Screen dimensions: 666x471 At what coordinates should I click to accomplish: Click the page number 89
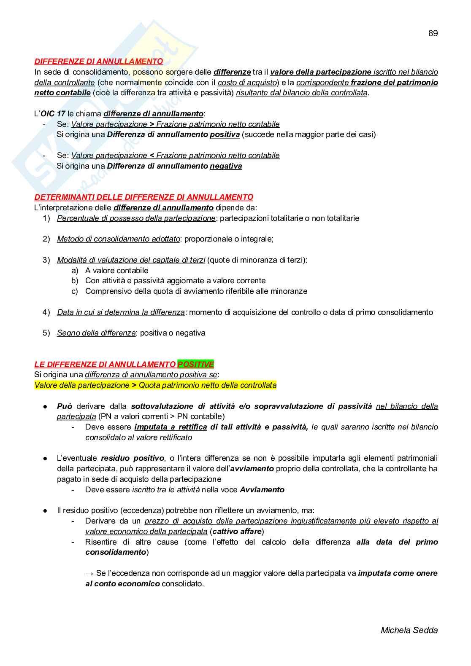tap(433, 33)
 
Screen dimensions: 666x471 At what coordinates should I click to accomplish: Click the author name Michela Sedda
tap(409, 630)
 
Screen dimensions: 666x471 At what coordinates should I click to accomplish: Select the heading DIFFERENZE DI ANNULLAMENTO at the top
tap(98, 62)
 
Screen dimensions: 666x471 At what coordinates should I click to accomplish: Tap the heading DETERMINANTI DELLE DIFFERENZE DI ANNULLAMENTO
tap(143, 197)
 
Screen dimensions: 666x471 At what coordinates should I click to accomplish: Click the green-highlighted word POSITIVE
tap(195, 364)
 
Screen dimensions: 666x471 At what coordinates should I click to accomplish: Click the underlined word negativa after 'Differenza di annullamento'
tap(226, 166)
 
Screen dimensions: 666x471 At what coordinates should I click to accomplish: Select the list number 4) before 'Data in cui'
tap(46, 312)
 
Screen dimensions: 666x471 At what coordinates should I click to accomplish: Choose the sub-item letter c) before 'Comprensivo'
tap(75, 291)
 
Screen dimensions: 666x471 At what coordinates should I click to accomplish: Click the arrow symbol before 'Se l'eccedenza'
tap(89, 573)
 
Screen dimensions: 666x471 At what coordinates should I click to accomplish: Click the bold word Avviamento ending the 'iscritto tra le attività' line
tap(262, 490)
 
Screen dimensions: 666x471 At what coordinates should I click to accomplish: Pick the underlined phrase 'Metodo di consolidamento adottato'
tap(118, 239)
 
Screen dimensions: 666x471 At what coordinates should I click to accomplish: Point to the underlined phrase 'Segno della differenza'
tap(96, 333)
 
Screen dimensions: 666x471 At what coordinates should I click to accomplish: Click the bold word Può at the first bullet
tap(65, 406)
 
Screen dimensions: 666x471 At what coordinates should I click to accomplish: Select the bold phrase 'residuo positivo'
tap(133, 458)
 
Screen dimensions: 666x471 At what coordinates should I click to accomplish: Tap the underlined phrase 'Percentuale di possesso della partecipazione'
tap(136, 218)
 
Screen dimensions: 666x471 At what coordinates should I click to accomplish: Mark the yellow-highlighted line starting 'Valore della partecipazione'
tap(155, 385)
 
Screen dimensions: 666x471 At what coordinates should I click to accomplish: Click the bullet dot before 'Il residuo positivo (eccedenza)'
tap(45, 511)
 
